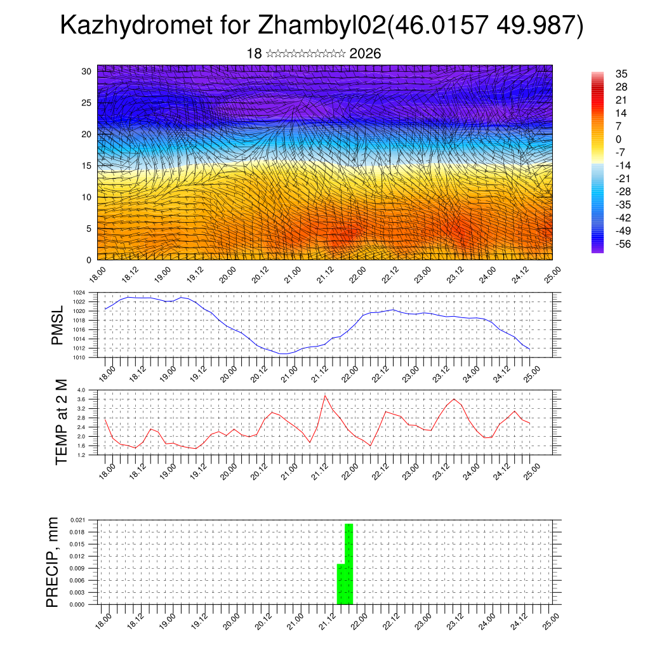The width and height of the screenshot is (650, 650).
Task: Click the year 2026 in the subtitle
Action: coord(365,53)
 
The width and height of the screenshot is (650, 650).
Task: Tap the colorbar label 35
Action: coord(621,74)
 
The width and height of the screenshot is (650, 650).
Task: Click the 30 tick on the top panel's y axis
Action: coord(86,71)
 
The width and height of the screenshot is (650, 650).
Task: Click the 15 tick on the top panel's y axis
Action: coord(86,166)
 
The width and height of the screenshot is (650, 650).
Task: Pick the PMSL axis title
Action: coord(58,325)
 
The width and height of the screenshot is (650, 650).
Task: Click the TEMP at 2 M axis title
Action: coord(61,421)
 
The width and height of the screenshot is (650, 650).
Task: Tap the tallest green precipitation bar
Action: coord(348,564)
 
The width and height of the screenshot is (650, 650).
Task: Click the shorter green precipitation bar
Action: coord(340,584)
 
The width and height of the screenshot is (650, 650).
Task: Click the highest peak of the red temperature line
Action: coord(325,395)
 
